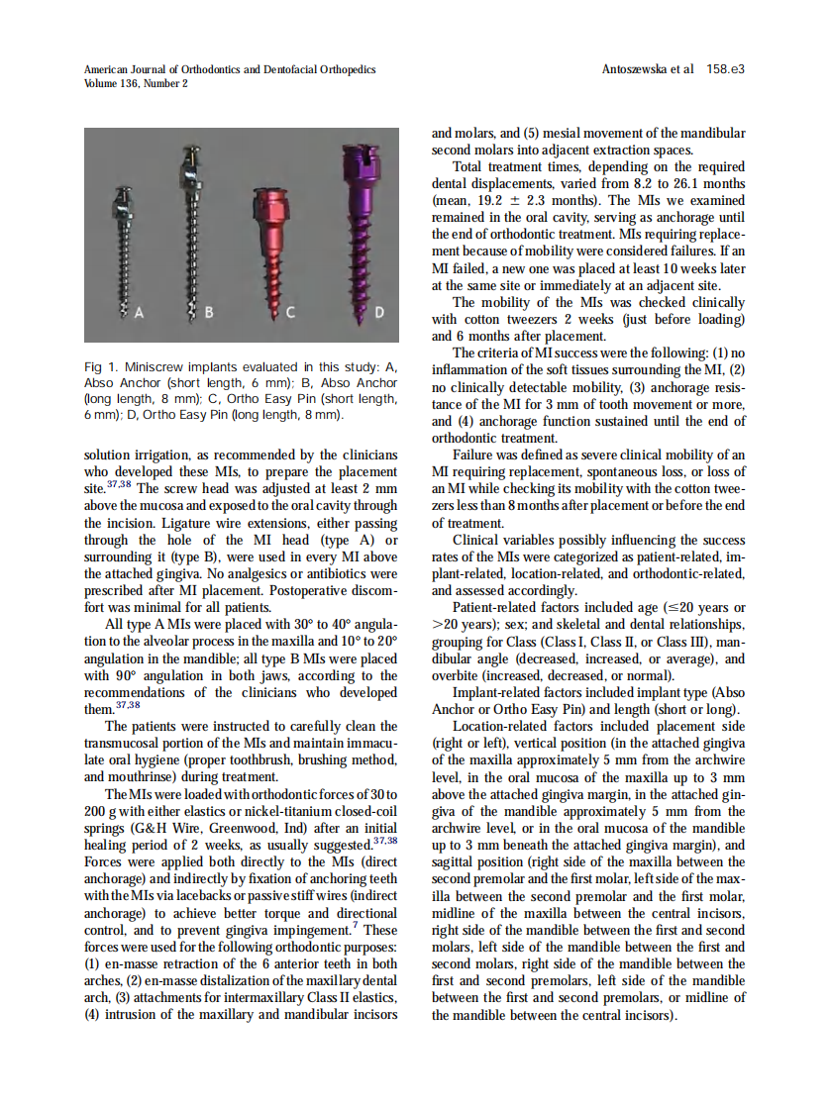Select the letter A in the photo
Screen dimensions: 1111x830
[139, 313]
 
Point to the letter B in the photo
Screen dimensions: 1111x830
[208, 314]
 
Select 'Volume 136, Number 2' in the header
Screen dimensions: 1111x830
[136, 84]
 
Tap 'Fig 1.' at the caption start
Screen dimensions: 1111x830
[100, 368]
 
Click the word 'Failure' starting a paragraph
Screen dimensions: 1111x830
[475, 454]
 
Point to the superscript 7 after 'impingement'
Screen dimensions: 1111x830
[356, 926]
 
